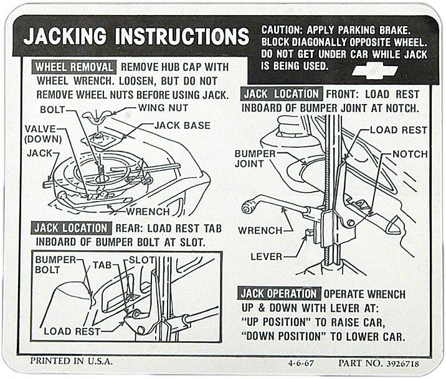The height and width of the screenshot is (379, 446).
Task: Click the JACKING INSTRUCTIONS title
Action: point(136,36)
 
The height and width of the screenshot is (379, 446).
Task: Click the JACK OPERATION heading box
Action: point(279,294)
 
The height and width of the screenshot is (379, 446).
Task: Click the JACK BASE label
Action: point(182,126)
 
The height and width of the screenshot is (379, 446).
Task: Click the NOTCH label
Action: point(410,154)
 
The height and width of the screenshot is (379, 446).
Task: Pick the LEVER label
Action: point(266,256)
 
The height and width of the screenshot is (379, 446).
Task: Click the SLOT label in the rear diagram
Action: point(142,259)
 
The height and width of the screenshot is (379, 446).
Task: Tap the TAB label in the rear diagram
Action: point(102,264)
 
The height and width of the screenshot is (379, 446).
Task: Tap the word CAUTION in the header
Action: point(282,29)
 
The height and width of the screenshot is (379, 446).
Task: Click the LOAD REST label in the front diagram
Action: point(398,130)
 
